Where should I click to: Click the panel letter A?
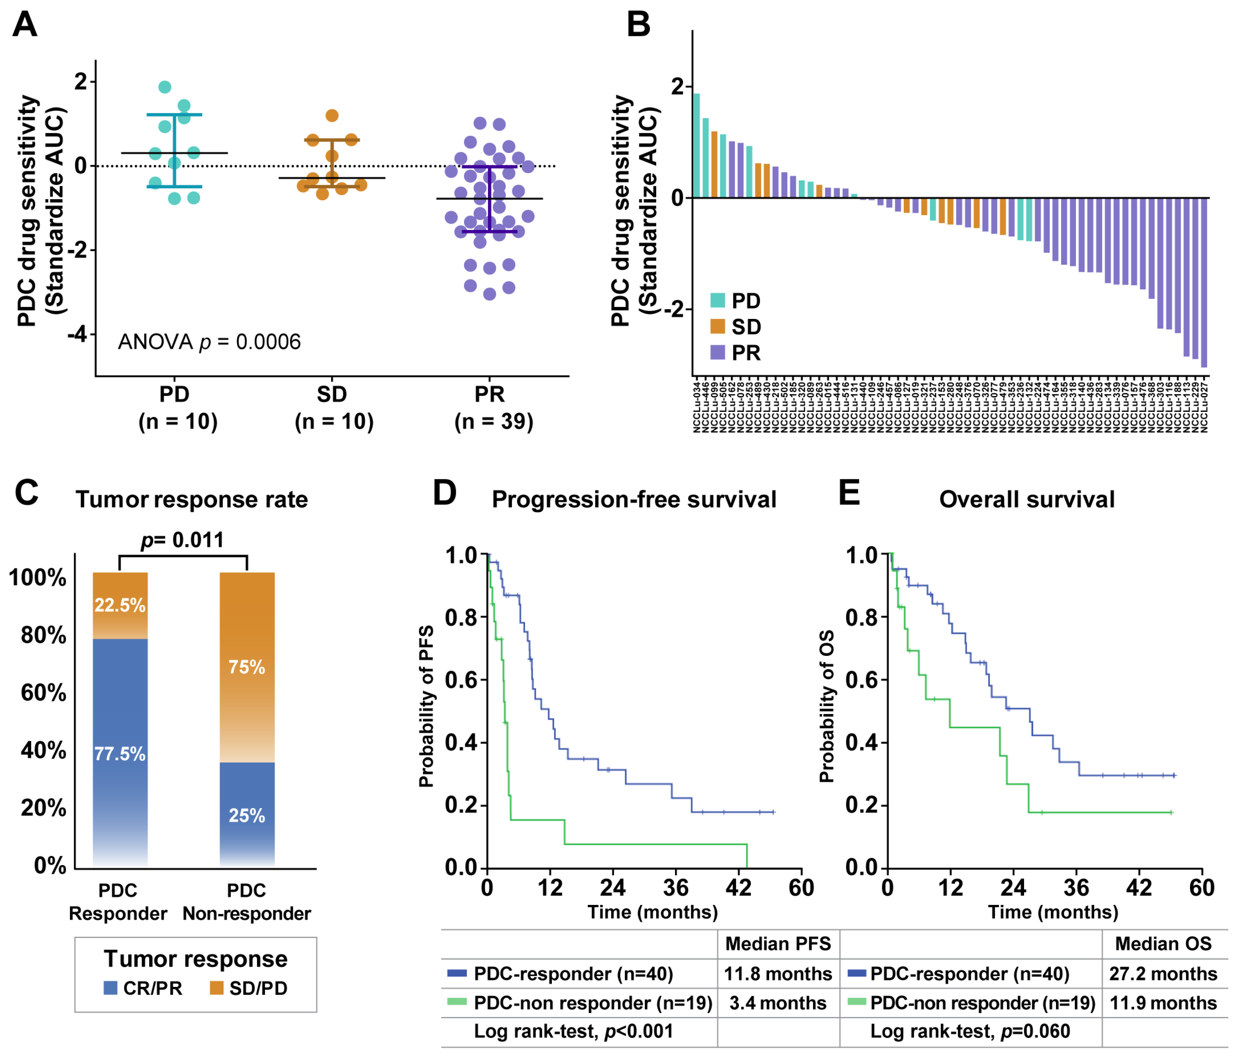[x=25, y=25]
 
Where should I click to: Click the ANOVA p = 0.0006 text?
[x=209, y=342]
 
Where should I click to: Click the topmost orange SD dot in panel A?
[x=332, y=116]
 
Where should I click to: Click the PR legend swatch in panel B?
[x=717, y=353]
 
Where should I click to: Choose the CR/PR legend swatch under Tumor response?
[x=110, y=988]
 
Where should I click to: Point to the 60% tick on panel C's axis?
[x=43, y=692]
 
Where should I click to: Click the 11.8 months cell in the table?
[x=778, y=974]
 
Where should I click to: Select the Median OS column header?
[x=1163, y=944]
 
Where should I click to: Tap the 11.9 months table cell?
[x=1163, y=1003]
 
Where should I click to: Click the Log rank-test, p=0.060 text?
[x=969, y=1031]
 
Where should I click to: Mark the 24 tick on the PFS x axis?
[x=613, y=887]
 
